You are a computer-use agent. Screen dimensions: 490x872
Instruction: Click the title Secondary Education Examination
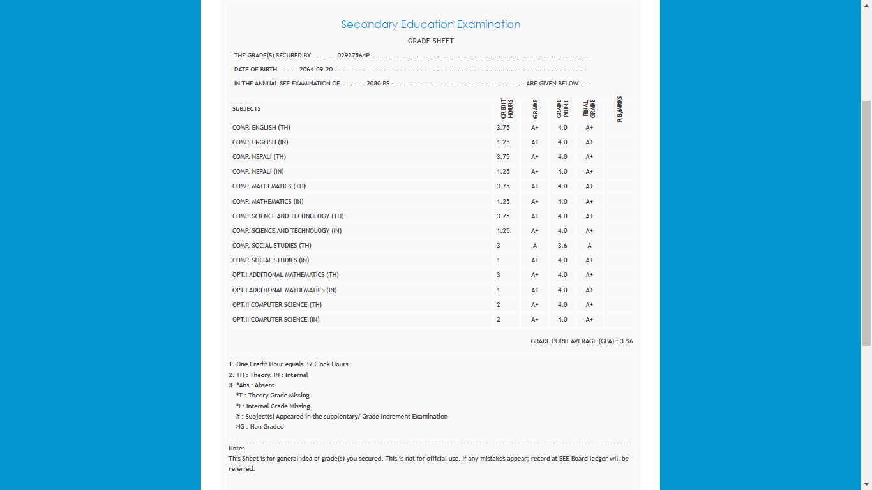[x=430, y=24]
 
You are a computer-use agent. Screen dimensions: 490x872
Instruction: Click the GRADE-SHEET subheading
[x=430, y=41]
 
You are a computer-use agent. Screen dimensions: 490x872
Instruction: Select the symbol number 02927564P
[x=354, y=56]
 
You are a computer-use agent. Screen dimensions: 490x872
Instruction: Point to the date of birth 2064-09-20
[x=316, y=70]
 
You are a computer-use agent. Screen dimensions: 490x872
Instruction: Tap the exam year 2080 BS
[x=378, y=84]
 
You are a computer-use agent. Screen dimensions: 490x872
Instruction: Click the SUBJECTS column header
[x=246, y=109]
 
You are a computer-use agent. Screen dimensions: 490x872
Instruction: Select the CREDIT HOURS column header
[x=507, y=108]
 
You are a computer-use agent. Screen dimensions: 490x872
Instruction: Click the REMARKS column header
[x=619, y=109]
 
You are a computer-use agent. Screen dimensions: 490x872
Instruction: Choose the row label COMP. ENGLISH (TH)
[x=261, y=128]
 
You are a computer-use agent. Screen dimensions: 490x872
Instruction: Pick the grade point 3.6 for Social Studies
[x=562, y=246]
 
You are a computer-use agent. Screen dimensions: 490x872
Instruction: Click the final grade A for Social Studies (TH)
[x=589, y=246]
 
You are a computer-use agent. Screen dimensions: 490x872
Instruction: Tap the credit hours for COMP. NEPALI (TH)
[x=503, y=157]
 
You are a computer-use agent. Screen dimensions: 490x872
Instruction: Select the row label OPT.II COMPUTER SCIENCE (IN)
[x=276, y=320]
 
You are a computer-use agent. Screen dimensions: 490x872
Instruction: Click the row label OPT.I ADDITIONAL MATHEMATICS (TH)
[x=285, y=275]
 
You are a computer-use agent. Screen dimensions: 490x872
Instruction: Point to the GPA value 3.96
[x=626, y=341]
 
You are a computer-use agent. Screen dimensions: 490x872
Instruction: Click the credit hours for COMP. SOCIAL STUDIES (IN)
[x=499, y=260]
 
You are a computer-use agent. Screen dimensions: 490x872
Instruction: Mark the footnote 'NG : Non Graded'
[x=260, y=427]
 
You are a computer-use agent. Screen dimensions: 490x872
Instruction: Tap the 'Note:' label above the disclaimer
[x=236, y=449]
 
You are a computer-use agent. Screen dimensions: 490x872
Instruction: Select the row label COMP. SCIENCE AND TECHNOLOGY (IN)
[x=287, y=231]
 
